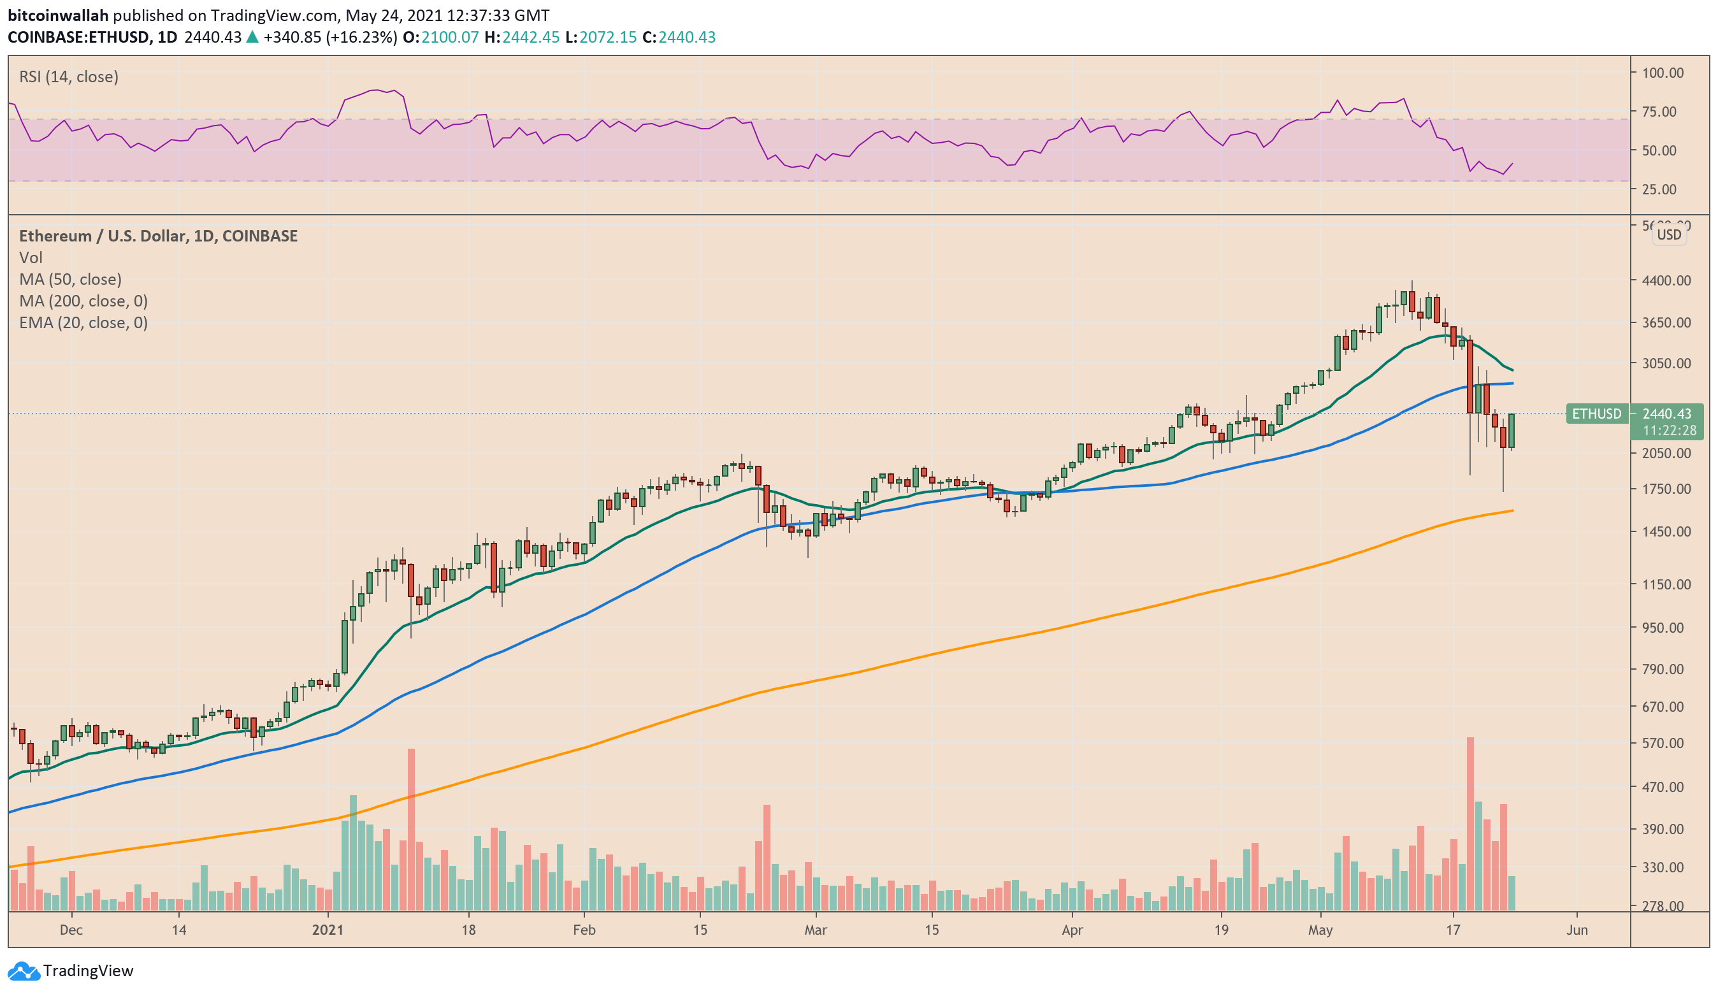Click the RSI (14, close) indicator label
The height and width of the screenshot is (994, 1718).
pos(69,76)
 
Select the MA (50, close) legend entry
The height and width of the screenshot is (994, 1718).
pos(70,279)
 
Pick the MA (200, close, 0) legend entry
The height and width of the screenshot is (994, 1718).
pos(83,301)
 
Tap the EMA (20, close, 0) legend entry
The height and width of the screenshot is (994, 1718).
pos(83,322)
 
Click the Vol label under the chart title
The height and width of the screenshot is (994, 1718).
pos(31,257)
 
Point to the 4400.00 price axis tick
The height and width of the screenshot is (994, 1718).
pos(1666,280)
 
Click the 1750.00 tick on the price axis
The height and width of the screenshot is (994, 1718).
pos(1666,489)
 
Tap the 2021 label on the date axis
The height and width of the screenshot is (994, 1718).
pos(328,930)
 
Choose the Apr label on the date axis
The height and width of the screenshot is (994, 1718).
pos(1072,930)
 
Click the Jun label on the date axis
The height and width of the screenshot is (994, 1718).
pos(1577,930)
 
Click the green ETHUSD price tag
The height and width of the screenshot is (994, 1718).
pos(1597,414)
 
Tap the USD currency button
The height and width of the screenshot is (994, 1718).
pos(1669,234)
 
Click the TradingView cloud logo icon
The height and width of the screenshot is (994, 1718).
pos(24,970)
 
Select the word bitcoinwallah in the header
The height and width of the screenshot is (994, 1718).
pos(58,15)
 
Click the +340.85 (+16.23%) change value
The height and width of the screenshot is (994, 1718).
pos(330,37)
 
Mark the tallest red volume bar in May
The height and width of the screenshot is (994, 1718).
pos(1471,824)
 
